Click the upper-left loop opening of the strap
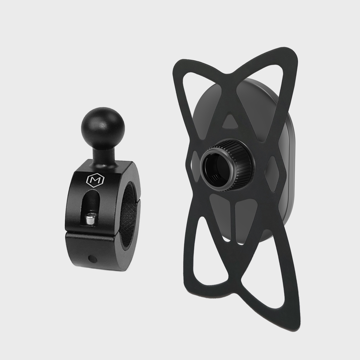tap(192, 96)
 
